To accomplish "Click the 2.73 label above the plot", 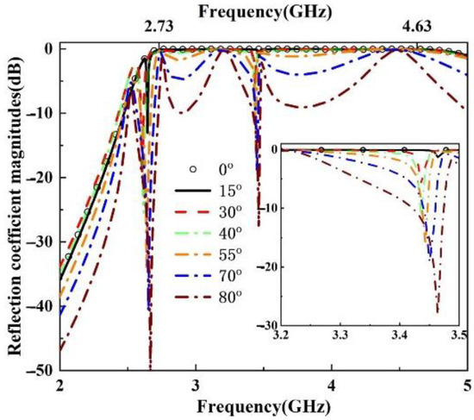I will [x=159, y=28].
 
